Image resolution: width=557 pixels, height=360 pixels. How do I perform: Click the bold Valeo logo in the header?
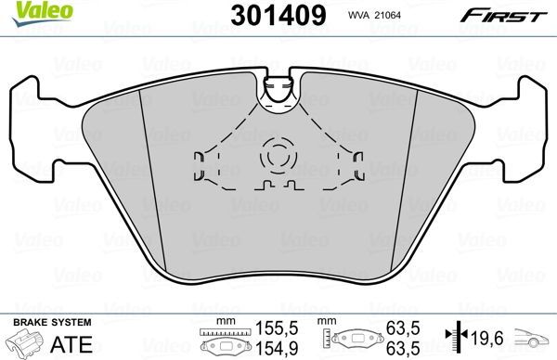[28, 10]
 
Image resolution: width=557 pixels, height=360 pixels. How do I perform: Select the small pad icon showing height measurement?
[353, 340]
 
